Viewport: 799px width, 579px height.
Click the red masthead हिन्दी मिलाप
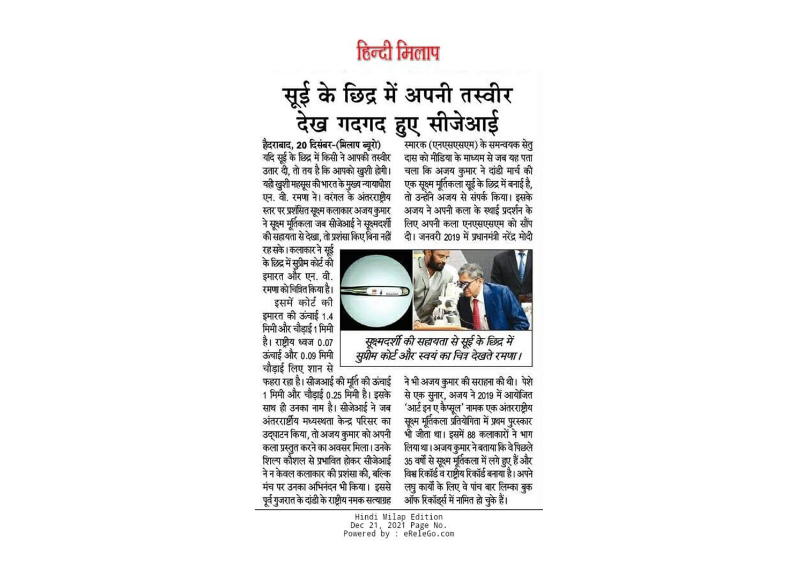tap(398, 53)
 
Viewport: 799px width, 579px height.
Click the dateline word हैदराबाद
tap(277, 145)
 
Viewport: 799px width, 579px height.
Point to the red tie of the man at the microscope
tap(476, 314)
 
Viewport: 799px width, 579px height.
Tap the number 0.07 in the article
tap(324, 343)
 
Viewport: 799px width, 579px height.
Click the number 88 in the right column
tap(471, 435)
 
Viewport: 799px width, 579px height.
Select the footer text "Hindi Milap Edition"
tap(398, 517)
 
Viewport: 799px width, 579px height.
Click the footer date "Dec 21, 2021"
tap(378, 525)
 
